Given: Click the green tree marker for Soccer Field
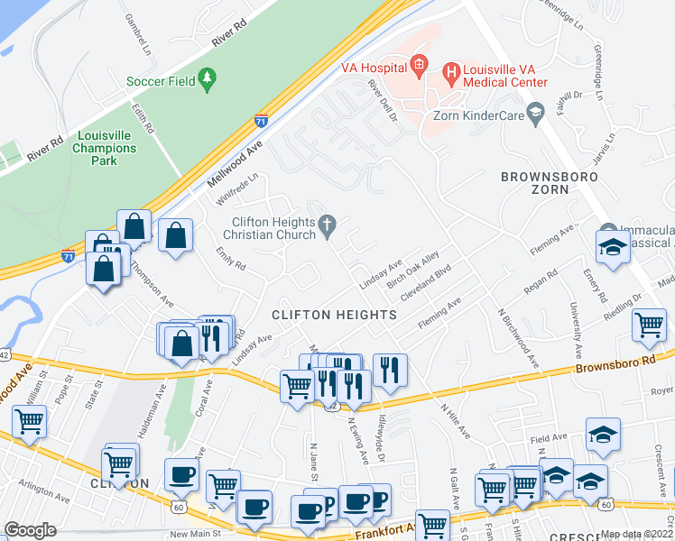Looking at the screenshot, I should coord(208,80).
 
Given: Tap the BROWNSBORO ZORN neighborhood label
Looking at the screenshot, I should coord(548,183).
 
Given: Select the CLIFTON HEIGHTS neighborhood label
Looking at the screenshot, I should coord(335,315).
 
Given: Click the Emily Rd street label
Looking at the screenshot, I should coord(231,259).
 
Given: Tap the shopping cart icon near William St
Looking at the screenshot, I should coord(29,421).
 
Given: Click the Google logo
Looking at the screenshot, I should coord(31,530).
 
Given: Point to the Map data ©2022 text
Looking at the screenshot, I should coord(635,534).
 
